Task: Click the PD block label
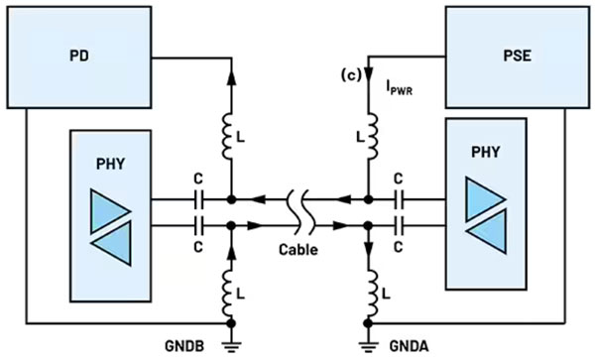click(x=79, y=56)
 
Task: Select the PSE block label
click(x=517, y=56)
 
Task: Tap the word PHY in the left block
click(x=110, y=164)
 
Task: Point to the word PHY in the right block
click(x=485, y=152)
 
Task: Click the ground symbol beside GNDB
click(x=231, y=346)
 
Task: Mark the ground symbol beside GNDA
click(x=368, y=346)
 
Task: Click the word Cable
click(x=298, y=250)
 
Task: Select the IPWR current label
click(x=400, y=88)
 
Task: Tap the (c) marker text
click(x=351, y=76)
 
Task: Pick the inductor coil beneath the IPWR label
click(x=372, y=136)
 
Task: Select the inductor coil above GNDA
click(x=372, y=293)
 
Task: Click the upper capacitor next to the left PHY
click(x=198, y=199)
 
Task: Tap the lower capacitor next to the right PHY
click(x=399, y=226)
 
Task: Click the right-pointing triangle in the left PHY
click(x=110, y=211)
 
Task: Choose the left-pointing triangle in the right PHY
click(x=486, y=231)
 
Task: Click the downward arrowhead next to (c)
click(x=368, y=73)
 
